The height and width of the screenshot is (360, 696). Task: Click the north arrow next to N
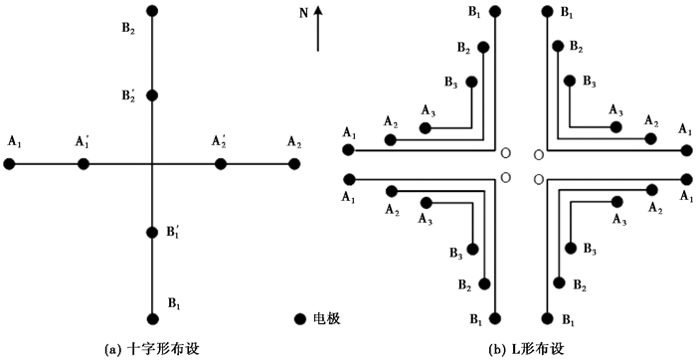point(318,28)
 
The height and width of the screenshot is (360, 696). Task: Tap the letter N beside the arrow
point(303,14)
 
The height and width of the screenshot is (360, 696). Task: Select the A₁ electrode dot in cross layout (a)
point(9,164)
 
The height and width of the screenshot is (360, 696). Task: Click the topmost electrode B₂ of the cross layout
point(152,10)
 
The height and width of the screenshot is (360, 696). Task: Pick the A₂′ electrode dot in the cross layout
point(220,164)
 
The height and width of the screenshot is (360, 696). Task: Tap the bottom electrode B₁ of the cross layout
point(152,318)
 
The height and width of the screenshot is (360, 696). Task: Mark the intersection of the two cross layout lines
point(152,164)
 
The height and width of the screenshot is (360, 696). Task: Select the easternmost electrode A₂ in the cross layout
point(294,164)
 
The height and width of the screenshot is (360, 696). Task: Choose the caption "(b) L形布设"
point(522,348)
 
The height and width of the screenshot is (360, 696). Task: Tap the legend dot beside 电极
point(300,318)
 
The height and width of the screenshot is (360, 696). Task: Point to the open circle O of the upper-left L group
point(505,153)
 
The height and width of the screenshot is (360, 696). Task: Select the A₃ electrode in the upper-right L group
point(615,127)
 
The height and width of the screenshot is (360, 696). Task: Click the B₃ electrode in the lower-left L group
point(472,249)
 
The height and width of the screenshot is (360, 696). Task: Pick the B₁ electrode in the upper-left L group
point(496,11)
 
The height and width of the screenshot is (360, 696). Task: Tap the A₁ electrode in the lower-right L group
point(687,179)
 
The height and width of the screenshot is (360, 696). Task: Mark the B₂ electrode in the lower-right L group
point(559,282)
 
